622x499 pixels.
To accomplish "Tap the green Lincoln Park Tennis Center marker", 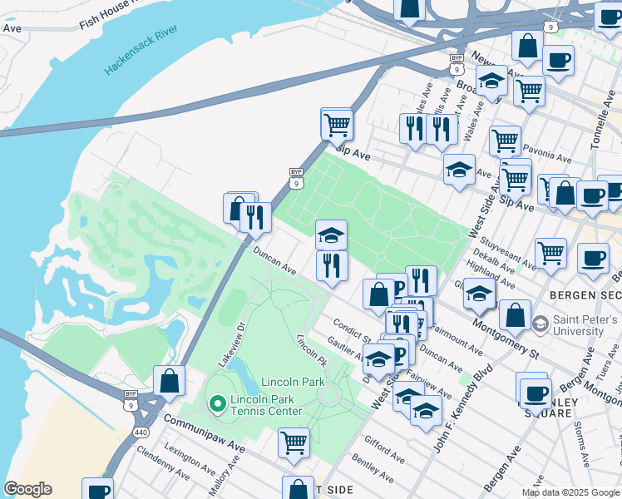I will click(217, 404).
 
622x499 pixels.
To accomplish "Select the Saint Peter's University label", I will click(580, 326).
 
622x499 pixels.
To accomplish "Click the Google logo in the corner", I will click(27, 489).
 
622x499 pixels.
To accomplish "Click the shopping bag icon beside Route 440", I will click(169, 381).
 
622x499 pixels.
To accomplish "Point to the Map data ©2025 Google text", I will click(570, 492).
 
